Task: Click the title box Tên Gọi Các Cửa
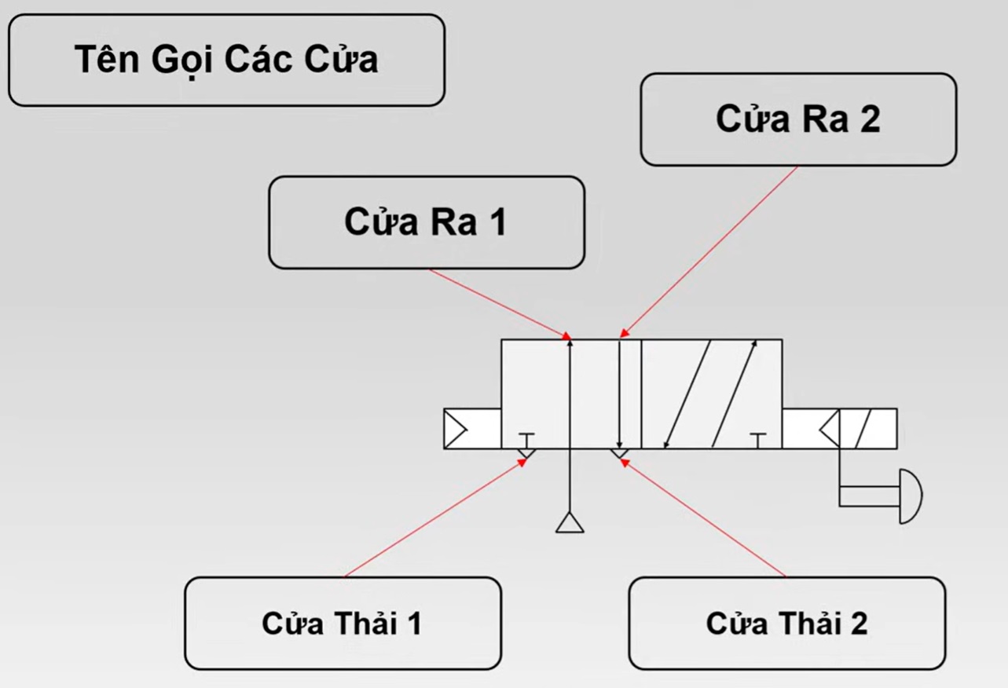[226, 60]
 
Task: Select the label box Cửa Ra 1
[426, 222]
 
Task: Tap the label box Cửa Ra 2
[798, 119]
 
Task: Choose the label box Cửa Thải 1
[343, 623]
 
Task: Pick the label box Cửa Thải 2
[786, 624]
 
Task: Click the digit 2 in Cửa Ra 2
[870, 119]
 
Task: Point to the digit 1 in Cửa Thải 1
[412, 623]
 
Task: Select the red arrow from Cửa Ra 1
[500, 303]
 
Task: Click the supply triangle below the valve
[570, 522]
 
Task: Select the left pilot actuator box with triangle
[472, 429]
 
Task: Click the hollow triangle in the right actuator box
[828, 429]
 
